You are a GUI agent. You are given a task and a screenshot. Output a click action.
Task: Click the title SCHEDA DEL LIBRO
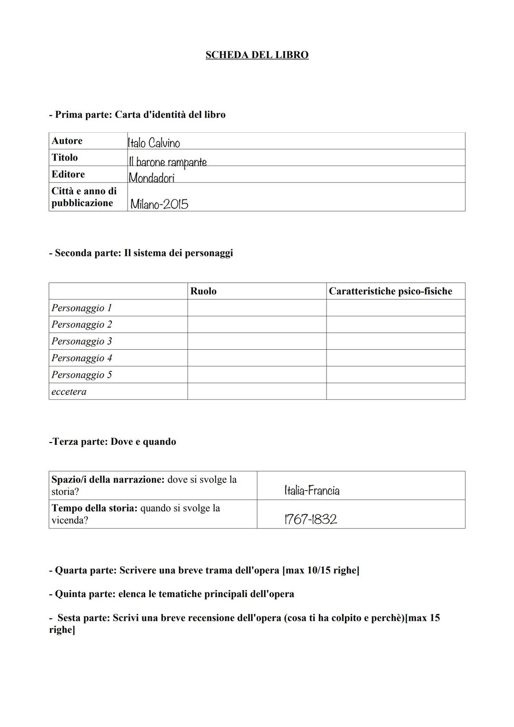(x=257, y=55)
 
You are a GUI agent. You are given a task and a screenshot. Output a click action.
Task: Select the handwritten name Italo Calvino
(x=154, y=142)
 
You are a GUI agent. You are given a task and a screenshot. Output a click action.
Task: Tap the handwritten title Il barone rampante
(x=168, y=162)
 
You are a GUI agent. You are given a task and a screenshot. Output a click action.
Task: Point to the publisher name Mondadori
(x=151, y=178)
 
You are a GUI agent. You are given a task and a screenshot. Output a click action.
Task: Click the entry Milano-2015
(x=159, y=204)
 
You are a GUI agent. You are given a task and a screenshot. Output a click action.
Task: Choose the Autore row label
(x=67, y=141)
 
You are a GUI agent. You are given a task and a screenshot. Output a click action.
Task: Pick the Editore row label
(x=68, y=174)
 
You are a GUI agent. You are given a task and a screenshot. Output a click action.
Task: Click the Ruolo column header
(x=203, y=291)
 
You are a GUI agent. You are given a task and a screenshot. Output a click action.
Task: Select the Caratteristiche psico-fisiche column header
(x=390, y=291)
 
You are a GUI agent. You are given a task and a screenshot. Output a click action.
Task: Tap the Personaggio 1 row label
(x=81, y=308)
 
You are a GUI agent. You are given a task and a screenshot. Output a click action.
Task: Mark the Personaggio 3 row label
(x=81, y=341)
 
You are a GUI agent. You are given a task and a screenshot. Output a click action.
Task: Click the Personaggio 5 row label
(x=81, y=374)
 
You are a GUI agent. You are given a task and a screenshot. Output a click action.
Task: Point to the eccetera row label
(x=69, y=392)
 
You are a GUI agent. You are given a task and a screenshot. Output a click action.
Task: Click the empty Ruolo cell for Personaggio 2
(x=257, y=324)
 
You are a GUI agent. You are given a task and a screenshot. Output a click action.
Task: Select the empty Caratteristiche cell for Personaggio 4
(x=395, y=358)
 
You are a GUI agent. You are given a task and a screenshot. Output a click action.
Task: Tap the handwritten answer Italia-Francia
(x=312, y=490)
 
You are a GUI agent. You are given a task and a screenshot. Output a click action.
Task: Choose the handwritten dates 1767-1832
(x=310, y=519)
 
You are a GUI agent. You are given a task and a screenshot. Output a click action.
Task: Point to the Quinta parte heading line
(x=171, y=594)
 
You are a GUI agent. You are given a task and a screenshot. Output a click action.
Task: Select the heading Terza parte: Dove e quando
(x=112, y=442)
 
